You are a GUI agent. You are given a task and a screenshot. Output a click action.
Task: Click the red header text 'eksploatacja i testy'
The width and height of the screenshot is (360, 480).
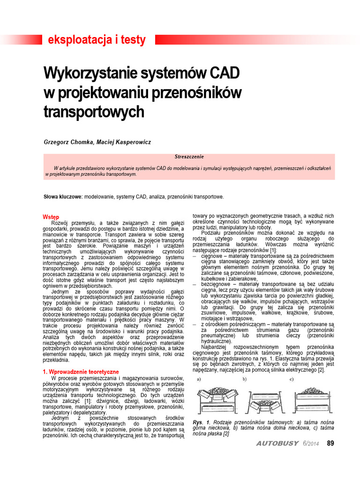pos(97,40)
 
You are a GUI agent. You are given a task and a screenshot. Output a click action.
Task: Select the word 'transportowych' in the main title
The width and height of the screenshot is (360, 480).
pos(93,112)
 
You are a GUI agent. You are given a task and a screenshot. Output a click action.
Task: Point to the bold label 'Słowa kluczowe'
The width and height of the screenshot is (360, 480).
pos(63,196)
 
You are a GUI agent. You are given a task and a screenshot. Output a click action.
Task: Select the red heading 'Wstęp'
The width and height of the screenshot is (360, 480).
pos(51,217)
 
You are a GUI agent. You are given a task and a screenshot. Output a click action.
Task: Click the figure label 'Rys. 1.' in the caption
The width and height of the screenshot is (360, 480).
pos(202,422)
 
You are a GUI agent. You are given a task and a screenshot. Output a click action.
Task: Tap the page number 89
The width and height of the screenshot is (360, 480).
pos(330,443)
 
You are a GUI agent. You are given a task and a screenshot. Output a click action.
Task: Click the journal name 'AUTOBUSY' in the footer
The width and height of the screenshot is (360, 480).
pos(277,444)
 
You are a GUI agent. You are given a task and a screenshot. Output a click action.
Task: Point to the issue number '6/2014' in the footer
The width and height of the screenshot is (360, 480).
pos(310,444)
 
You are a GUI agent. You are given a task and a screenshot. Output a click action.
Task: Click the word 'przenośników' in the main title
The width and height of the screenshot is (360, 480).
pos(201,93)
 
